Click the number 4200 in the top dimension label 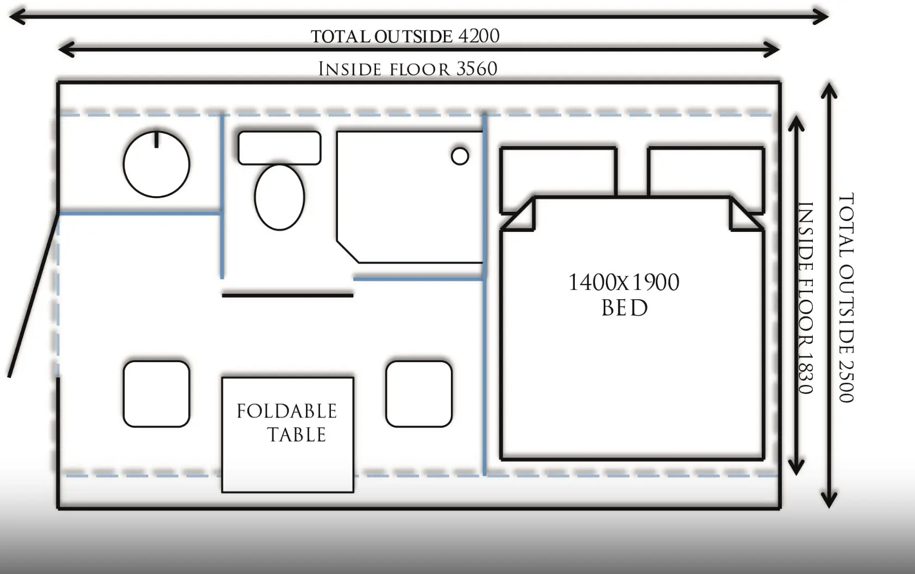click(479, 36)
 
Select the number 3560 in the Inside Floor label click(477, 68)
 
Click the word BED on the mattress click(624, 308)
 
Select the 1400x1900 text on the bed click(624, 282)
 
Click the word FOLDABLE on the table click(287, 411)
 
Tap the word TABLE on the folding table click(297, 434)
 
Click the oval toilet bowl click(279, 197)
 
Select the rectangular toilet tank click(279, 148)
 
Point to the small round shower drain click(460, 156)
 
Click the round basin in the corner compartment click(156, 164)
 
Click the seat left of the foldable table click(156, 394)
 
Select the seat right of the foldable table click(419, 394)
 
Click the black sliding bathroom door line click(287, 295)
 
